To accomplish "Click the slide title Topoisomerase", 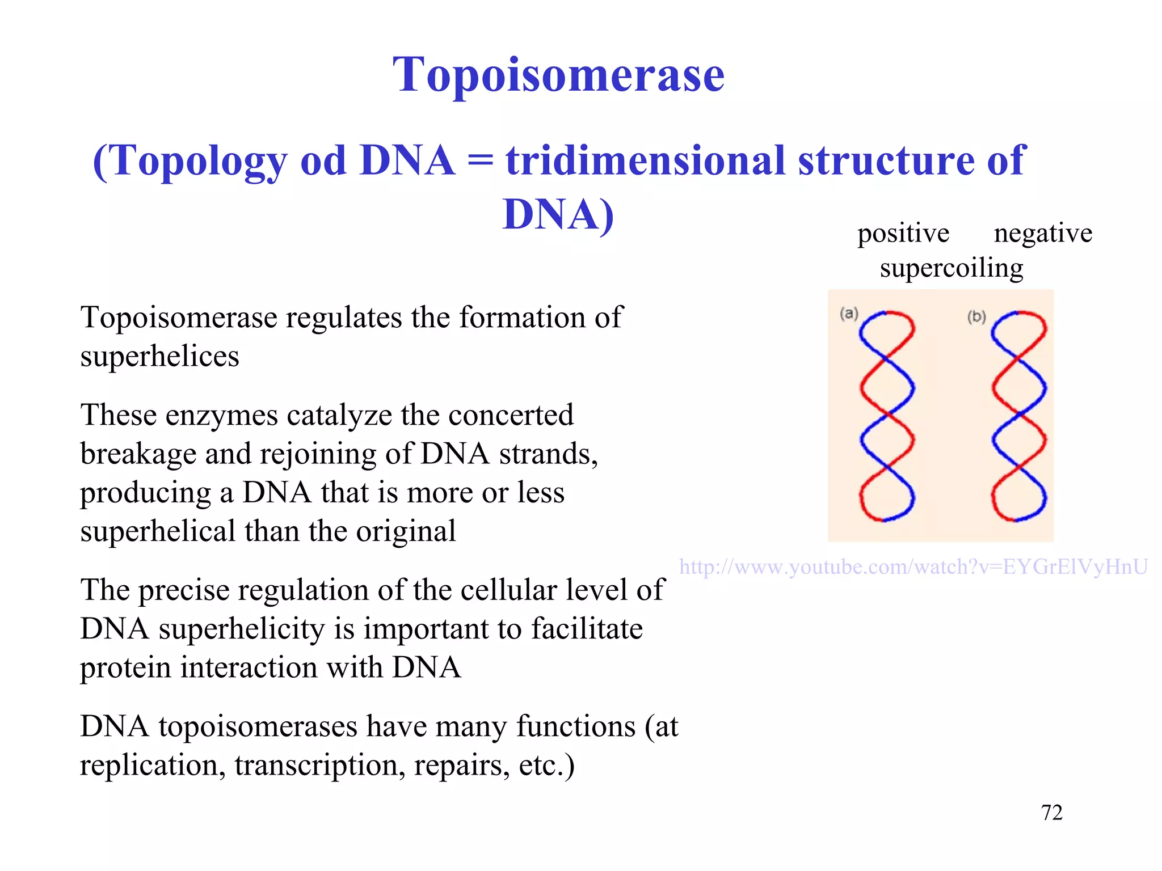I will [558, 75].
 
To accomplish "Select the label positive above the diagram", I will [903, 233].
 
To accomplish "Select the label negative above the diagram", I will [1043, 233].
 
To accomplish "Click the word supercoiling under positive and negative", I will [952, 268].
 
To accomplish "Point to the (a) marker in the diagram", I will [849, 313].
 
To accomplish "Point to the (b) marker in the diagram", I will [976, 316].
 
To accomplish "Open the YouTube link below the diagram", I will [913, 566].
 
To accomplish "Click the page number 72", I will [1051, 813].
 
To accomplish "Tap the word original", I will [406, 532].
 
